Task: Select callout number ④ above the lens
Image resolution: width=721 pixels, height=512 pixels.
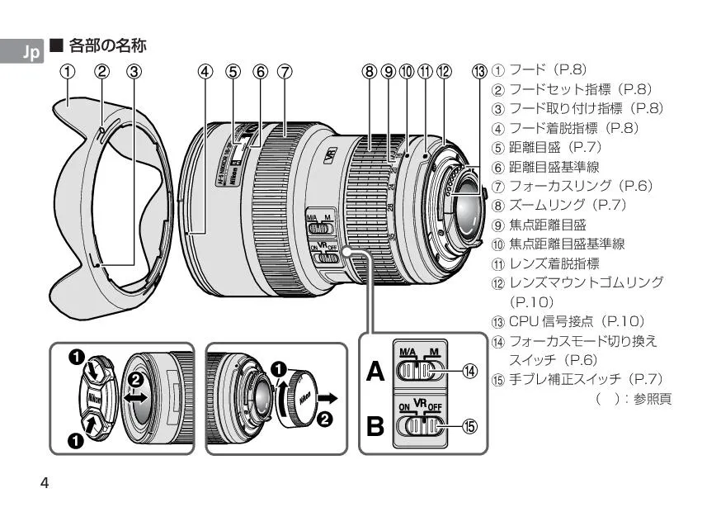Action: click(205, 71)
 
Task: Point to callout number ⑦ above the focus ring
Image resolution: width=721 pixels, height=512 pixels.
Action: click(285, 71)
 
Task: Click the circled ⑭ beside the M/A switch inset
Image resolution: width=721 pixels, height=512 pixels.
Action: click(469, 372)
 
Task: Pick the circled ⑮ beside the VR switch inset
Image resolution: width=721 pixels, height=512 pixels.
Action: click(469, 427)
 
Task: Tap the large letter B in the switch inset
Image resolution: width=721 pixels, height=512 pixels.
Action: click(375, 428)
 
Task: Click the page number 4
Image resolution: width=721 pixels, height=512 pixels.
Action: click(45, 482)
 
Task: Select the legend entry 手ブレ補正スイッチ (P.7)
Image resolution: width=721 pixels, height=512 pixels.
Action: click(586, 379)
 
